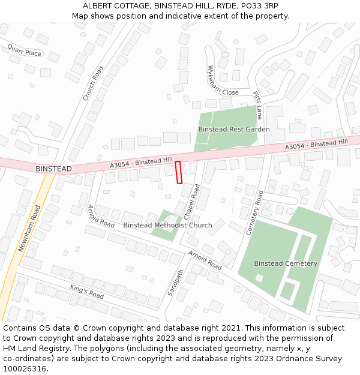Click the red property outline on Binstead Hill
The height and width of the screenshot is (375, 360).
click(178, 172)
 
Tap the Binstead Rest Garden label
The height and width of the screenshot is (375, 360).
click(233, 129)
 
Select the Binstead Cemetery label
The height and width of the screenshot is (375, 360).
click(285, 263)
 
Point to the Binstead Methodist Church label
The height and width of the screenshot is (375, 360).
click(167, 226)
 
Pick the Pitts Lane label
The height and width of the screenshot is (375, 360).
click(258, 105)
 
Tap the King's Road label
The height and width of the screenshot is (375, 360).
click(86, 292)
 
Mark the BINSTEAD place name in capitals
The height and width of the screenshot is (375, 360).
click(53, 169)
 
